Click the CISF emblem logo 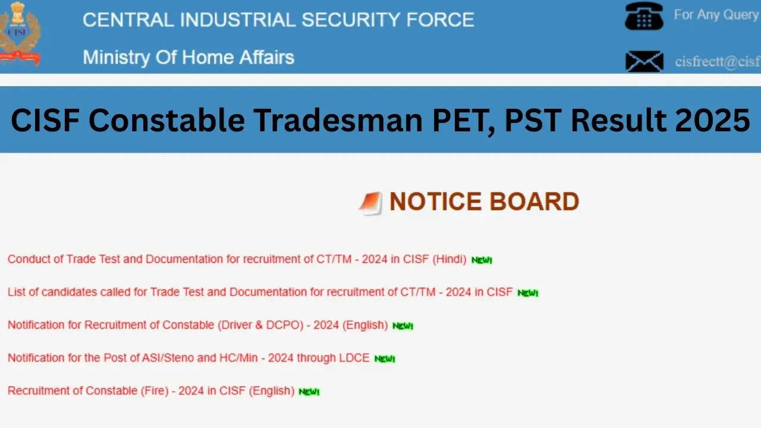coord(20,33)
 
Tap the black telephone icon coord(644,16)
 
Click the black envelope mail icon coord(644,61)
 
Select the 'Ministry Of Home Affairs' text coord(188,58)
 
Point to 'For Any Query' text coord(716,15)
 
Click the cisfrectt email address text coord(718,62)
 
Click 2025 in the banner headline coord(712,120)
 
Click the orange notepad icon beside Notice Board coord(370,203)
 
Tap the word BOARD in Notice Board coord(534,202)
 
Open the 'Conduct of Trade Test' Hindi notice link coord(237,259)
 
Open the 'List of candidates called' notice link coord(260,292)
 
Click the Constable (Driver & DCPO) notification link coord(198,325)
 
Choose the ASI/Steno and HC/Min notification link coord(188,358)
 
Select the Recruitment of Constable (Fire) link coord(151,391)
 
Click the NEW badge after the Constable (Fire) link coord(309,392)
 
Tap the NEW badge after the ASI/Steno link coord(385,359)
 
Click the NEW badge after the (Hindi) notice coord(482,260)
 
